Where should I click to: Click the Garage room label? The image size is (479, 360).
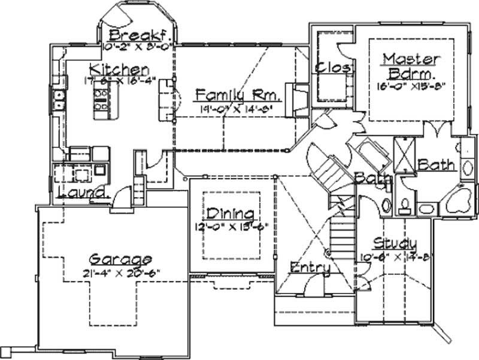120,259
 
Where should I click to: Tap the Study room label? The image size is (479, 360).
395,243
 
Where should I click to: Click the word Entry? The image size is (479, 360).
310,268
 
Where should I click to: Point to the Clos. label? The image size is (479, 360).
332,68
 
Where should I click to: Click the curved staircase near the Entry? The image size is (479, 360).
326,171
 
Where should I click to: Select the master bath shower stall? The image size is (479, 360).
405,155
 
